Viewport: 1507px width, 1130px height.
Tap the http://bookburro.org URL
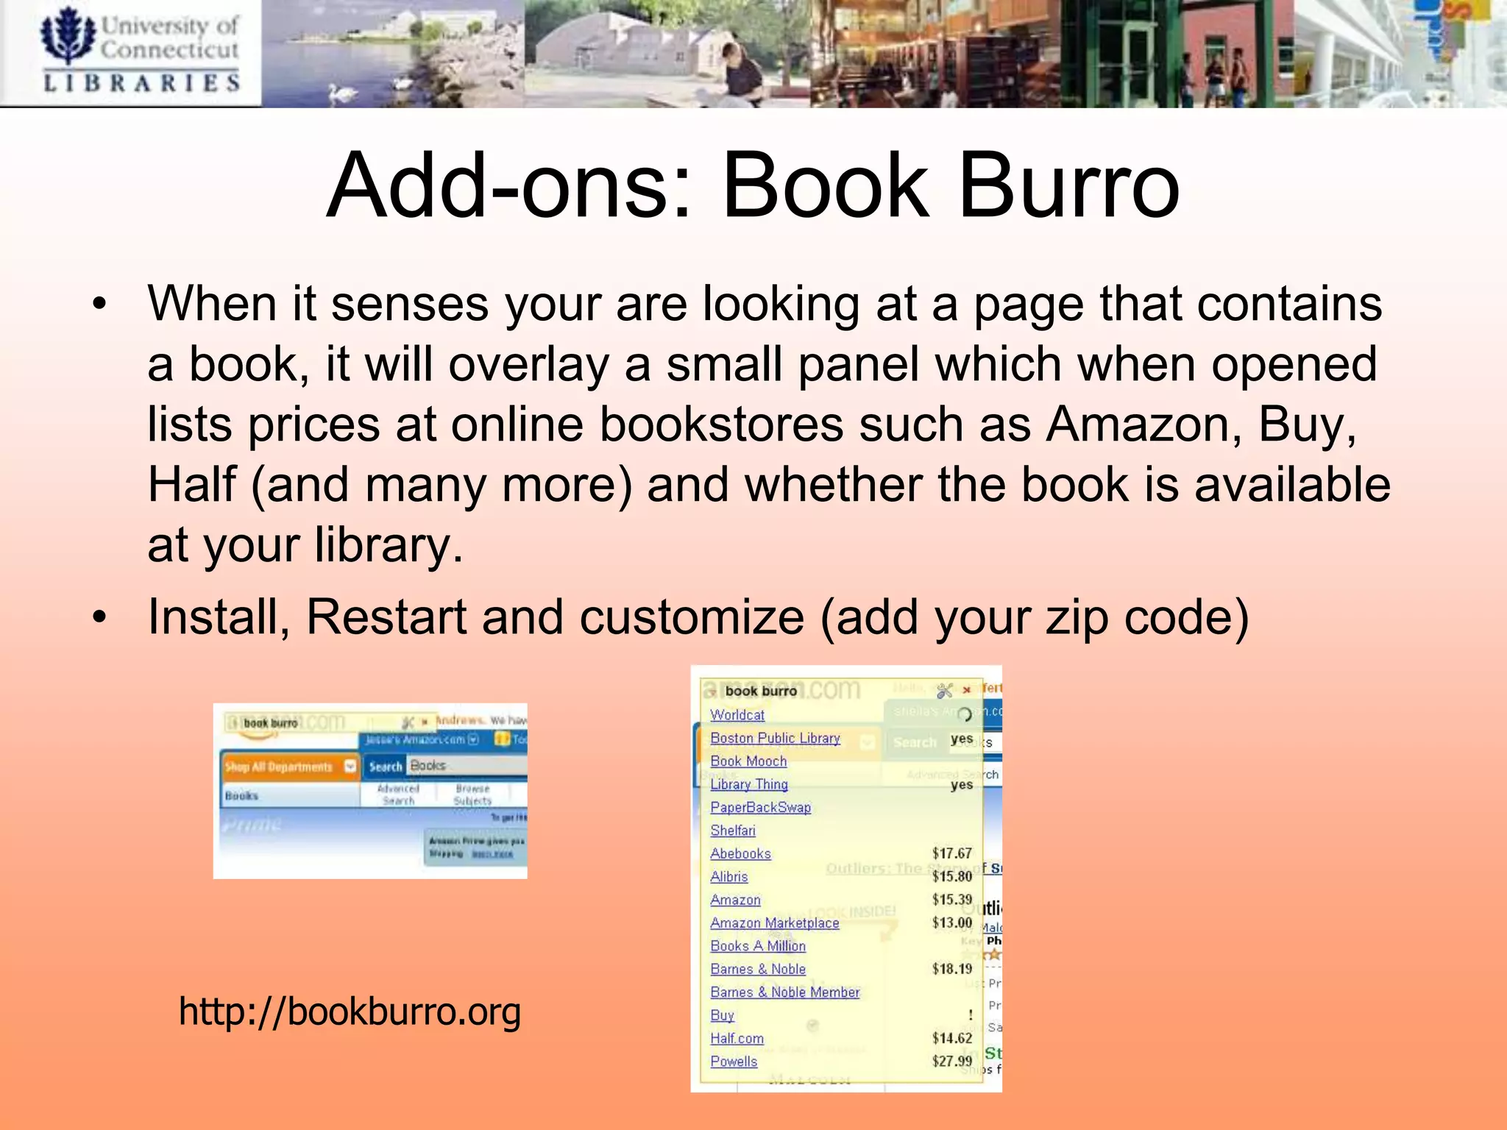coord(350,1011)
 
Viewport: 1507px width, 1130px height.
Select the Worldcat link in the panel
coord(737,714)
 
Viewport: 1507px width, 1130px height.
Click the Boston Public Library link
coord(775,738)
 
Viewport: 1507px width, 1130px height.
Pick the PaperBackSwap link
coord(760,807)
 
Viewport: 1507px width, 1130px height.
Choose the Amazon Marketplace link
coord(774,923)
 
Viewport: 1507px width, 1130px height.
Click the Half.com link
coord(737,1038)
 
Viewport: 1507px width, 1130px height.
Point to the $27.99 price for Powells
coord(951,1061)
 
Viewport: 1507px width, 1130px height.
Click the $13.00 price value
coord(951,923)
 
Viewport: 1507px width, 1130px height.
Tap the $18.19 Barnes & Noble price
coord(951,969)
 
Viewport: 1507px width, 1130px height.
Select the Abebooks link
coord(740,853)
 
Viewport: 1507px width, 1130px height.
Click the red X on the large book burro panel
coord(966,690)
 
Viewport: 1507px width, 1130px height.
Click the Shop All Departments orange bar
coord(287,767)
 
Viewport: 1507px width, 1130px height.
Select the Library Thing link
coord(748,784)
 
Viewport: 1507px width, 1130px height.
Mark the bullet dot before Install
coord(99,618)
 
